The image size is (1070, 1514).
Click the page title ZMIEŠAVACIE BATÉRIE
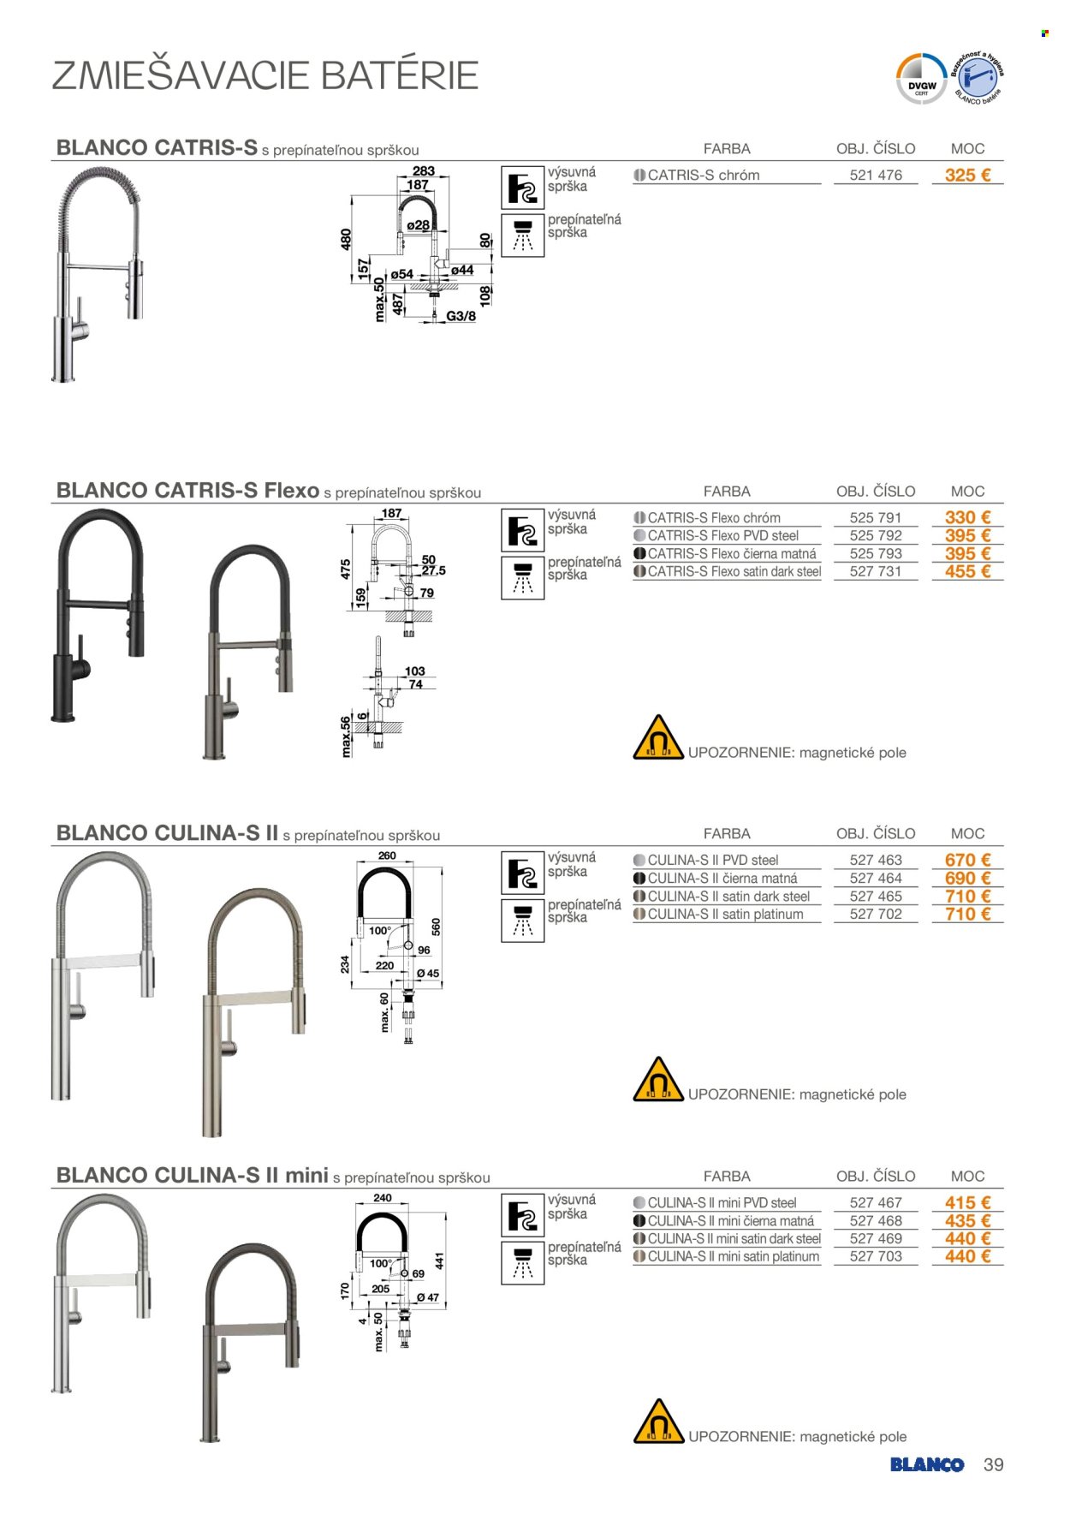pyautogui.click(x=265, y=75)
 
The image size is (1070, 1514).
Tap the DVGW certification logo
pyautogui.click(x=921, y=80)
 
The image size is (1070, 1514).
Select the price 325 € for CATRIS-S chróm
pyautogui.click(x=967, y=175)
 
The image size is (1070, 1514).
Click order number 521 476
pyautogui.click(x=876, y=175)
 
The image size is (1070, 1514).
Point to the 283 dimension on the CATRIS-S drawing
pyautogui.click(x=424, y=171)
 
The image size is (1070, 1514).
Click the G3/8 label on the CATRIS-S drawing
pyautogui.click(x=461, y=316)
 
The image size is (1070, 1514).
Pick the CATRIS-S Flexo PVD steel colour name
pyautogui.click(x=723, y=535)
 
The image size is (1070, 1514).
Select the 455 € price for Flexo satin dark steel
pyautogui.click(x=967, y=571)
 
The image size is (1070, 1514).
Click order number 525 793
pyautogui.click(x=876, y=553)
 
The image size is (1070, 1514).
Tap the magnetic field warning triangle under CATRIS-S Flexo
pyautogui.click(x=657, y=738)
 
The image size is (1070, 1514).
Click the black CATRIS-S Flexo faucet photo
pyautogui.click(x=98, y=616)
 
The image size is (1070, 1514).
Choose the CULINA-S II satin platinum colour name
pyautogui.click(x=726, y=914)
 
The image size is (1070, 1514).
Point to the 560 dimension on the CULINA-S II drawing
pyautogui.click(x=436, y=927)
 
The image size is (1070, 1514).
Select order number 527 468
pyautogui.click(x=876, y=1220)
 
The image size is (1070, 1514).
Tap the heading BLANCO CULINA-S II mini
pyautogui.click(x=193, y=1175)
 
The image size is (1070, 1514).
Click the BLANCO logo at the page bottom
pyautogui.click(x=927, y=1464)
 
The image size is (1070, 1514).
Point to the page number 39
pyautogui.click(x=993, y=1464)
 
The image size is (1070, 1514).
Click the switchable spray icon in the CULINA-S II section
pyautogui.click(x=523, y=921)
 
